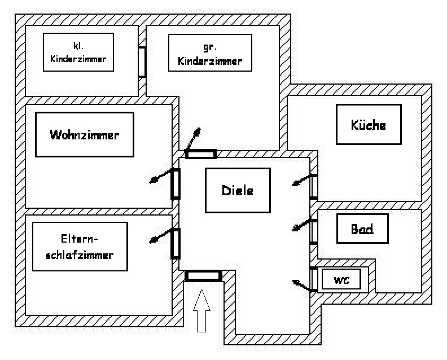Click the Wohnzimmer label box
point(85,134)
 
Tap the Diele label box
point(237,190)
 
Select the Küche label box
point(369,124)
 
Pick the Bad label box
point(362,229)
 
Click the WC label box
point(341,279)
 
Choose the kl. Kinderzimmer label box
point(78,52)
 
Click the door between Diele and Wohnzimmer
point(176,183)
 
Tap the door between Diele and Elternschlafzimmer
point(176,243)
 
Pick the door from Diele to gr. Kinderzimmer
point(201,154)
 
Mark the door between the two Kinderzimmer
point(142,62)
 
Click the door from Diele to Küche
point(314,186)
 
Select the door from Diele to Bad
point(314,230)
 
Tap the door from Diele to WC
point(314,278)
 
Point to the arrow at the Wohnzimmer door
point(160,176)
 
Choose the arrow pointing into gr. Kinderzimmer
point(192,138)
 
